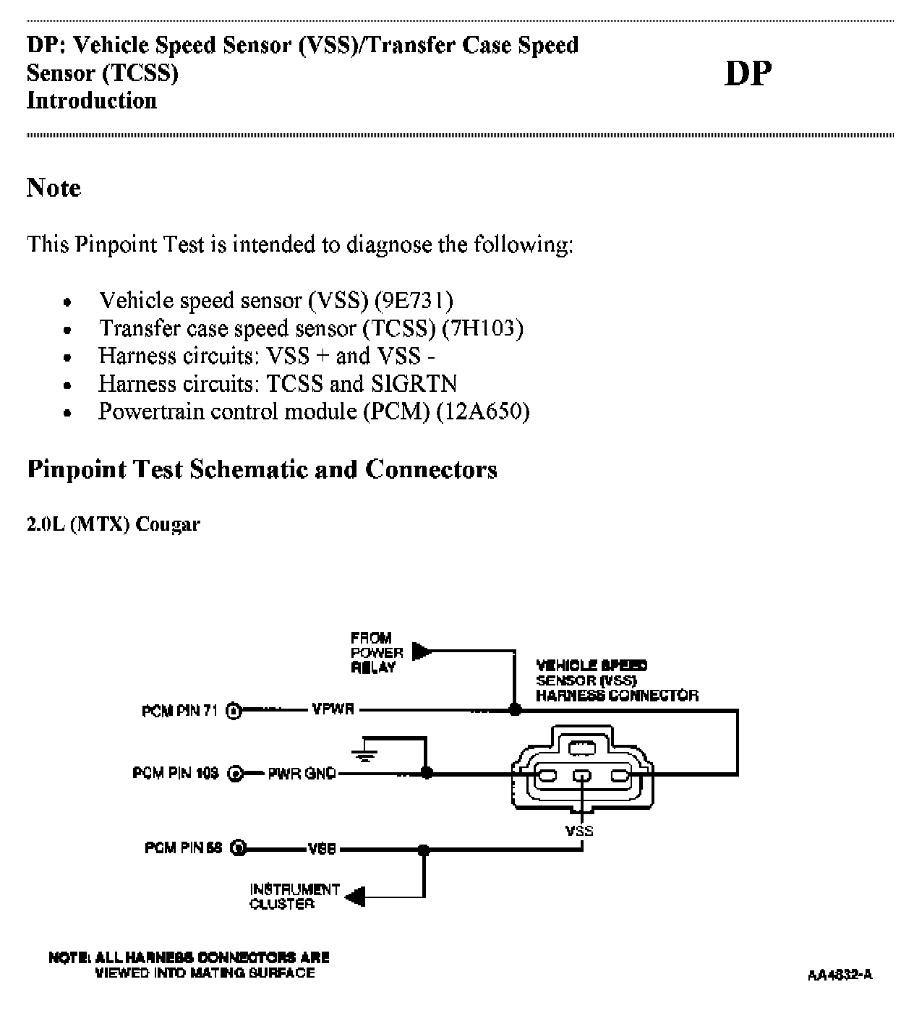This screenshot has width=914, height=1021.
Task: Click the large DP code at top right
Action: [748, 73]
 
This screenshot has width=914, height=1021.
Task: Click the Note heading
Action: [54, 188]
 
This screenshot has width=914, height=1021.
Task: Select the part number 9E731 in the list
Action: [414, 300]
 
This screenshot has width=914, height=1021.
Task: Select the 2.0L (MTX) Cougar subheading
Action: [114, 524]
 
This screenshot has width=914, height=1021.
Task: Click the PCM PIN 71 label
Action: [179, 711]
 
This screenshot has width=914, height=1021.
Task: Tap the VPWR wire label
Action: [333, 709]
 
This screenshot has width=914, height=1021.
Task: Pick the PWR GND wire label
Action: [302, 774]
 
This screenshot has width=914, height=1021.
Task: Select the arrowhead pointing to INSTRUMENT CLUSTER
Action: [355, 897]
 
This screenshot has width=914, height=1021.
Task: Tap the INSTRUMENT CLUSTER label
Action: [294, 897]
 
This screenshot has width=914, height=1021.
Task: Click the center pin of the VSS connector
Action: [582, 777]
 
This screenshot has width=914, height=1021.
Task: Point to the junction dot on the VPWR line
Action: [515, 710]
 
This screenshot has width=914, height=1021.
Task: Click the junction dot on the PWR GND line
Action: [427, 773]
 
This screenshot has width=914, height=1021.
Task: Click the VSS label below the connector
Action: [579, 831]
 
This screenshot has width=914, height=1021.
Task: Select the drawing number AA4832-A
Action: [840, 975]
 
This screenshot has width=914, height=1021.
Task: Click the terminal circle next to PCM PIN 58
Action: [239, 848]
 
